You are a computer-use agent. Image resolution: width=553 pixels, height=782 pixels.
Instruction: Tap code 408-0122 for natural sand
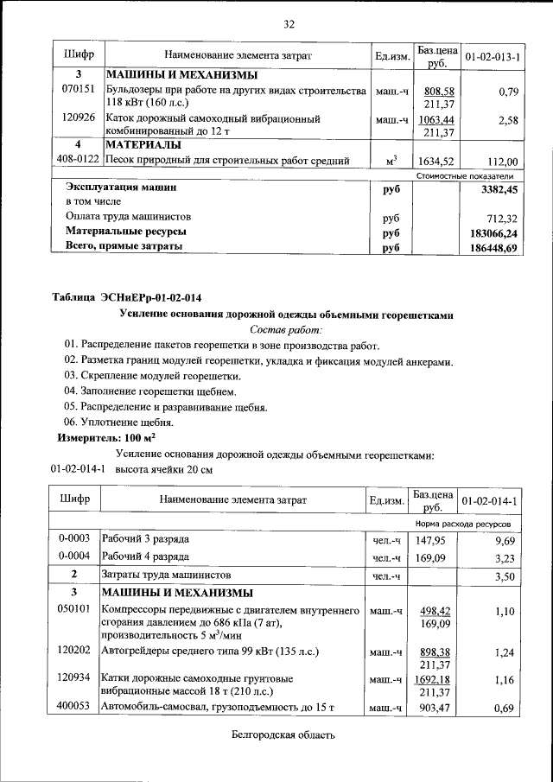[x=79, y=160]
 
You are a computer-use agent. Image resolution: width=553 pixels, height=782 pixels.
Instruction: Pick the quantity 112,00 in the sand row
[x=502, y=161]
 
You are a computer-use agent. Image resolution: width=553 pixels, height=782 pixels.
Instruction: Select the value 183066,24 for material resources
[x=492, y=232]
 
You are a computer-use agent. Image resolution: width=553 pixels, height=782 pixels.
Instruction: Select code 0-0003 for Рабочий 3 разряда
[x=74, y=539]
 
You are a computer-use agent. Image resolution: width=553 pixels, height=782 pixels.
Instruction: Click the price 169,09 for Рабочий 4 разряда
[x=430, y=557]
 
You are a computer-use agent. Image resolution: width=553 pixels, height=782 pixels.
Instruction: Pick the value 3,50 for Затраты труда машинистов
[x=504, y=575]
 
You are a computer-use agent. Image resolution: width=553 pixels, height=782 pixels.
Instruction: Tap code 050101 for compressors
[x=74, y=610]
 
